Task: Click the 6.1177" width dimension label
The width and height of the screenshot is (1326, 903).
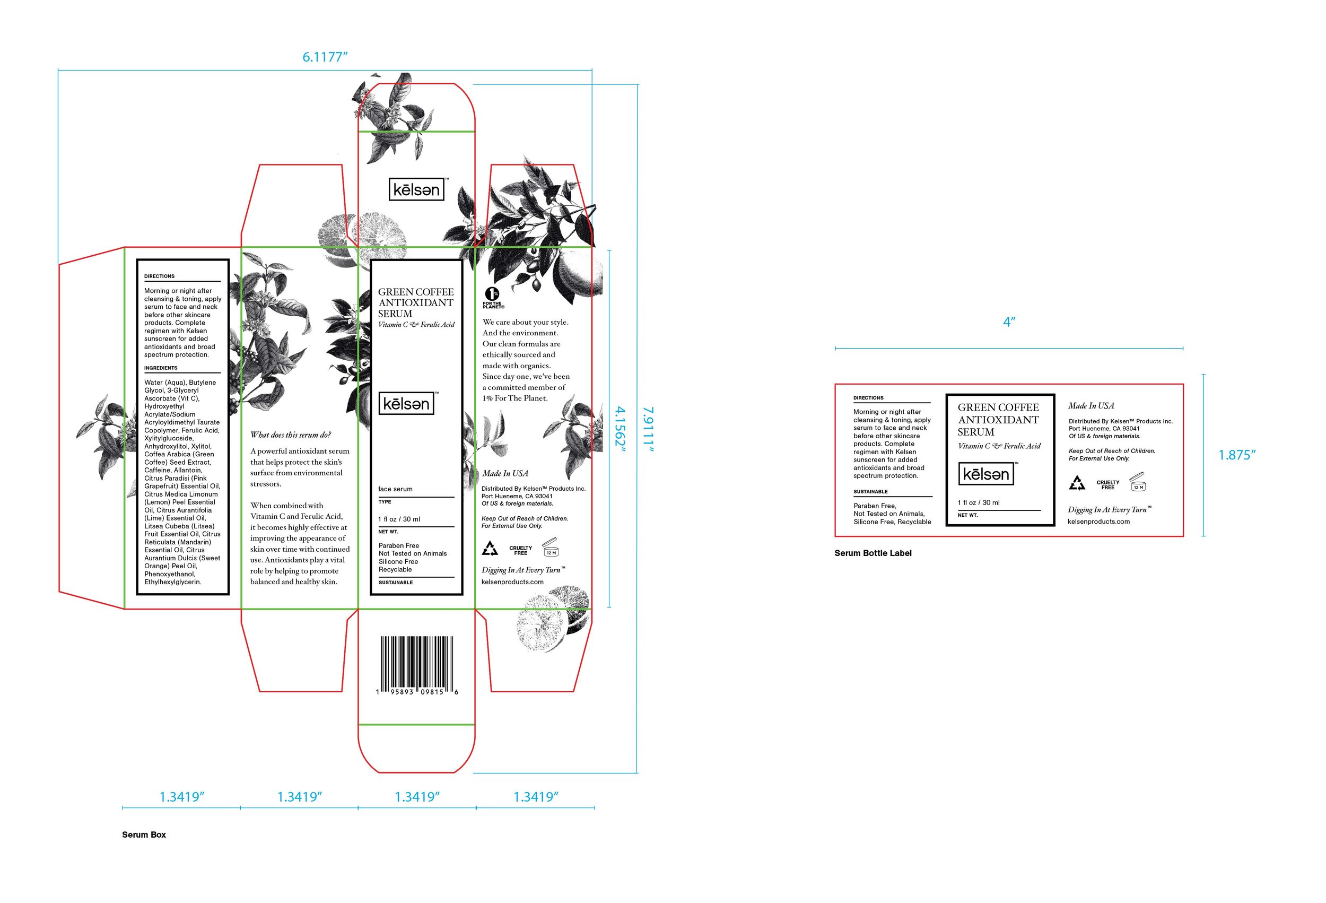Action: pos(325,57)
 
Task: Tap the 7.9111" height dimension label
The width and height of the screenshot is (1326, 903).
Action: pos(648,429)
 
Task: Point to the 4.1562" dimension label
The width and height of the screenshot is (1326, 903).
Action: pos(620,429)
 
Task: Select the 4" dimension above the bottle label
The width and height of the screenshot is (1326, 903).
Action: pos(1009,323)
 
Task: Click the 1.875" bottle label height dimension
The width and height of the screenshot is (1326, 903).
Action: pos(1237,455)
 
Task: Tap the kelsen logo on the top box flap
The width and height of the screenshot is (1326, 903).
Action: pos(416,189)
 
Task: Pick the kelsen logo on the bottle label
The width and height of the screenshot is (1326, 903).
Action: pos(986,474)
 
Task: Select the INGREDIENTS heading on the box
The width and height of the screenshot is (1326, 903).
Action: pos(161,368)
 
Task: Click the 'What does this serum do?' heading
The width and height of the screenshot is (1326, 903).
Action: pos(291,435)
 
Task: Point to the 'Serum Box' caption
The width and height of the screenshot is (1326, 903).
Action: pos(144,835)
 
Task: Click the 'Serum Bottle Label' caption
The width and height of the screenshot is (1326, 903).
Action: pos(873,553)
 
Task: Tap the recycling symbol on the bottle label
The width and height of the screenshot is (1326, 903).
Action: pos(1077,483)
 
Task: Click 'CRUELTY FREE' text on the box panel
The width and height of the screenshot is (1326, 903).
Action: pos(520,550)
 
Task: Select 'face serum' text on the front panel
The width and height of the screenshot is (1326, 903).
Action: pos(395,489)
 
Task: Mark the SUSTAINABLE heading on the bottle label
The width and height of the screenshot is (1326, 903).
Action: pos(871,491)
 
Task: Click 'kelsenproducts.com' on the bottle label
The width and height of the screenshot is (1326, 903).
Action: pos(1098,522)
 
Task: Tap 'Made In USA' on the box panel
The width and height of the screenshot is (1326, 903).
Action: pos(505,473)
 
